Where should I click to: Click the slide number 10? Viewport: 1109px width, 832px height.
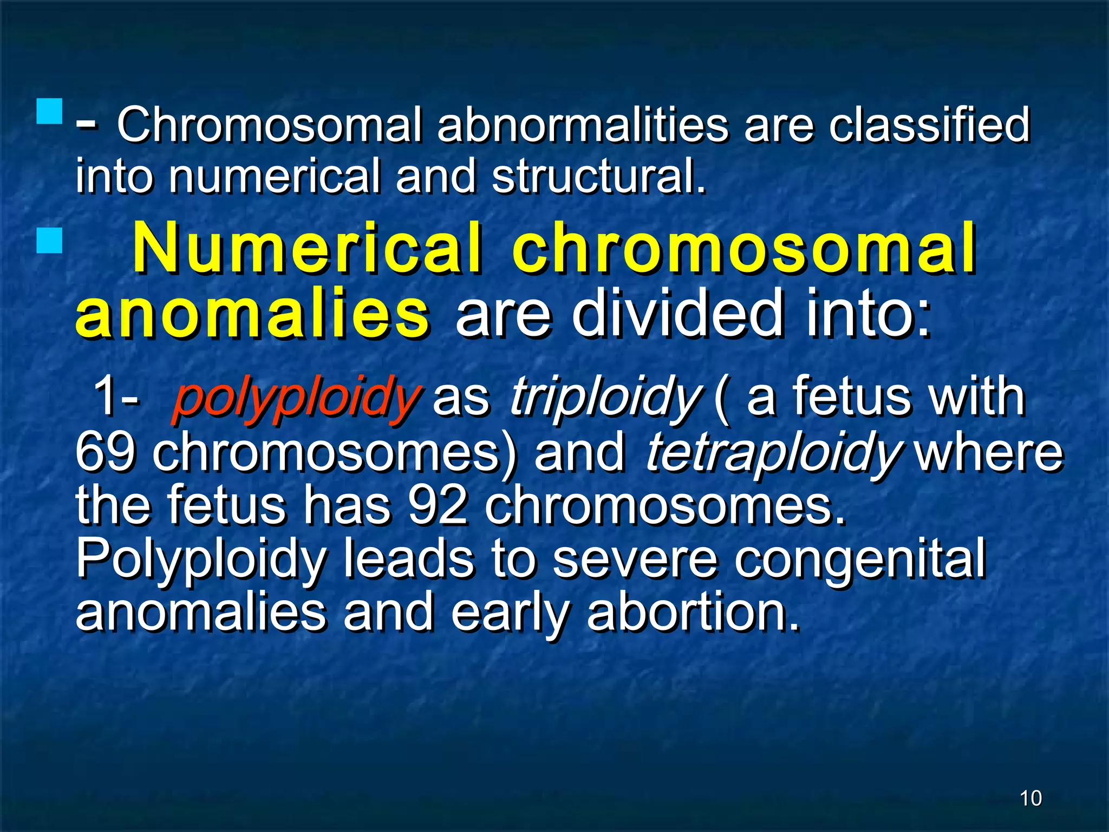click(1030, 798)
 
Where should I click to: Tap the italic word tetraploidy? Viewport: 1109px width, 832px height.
click(772, 453)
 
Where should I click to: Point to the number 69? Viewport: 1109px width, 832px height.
click(104, 452)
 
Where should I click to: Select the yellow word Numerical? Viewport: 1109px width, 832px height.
click(306, 248)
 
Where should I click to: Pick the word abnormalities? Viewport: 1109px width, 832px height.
click(583, 125)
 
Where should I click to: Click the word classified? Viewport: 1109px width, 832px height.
click(929, 125)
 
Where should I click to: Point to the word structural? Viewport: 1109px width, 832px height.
click(599, 177)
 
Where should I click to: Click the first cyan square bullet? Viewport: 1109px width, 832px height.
click(50, 111)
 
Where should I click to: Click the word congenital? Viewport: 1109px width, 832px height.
click(860, 560)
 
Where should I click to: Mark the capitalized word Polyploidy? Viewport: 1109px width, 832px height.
click(201, 560)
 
